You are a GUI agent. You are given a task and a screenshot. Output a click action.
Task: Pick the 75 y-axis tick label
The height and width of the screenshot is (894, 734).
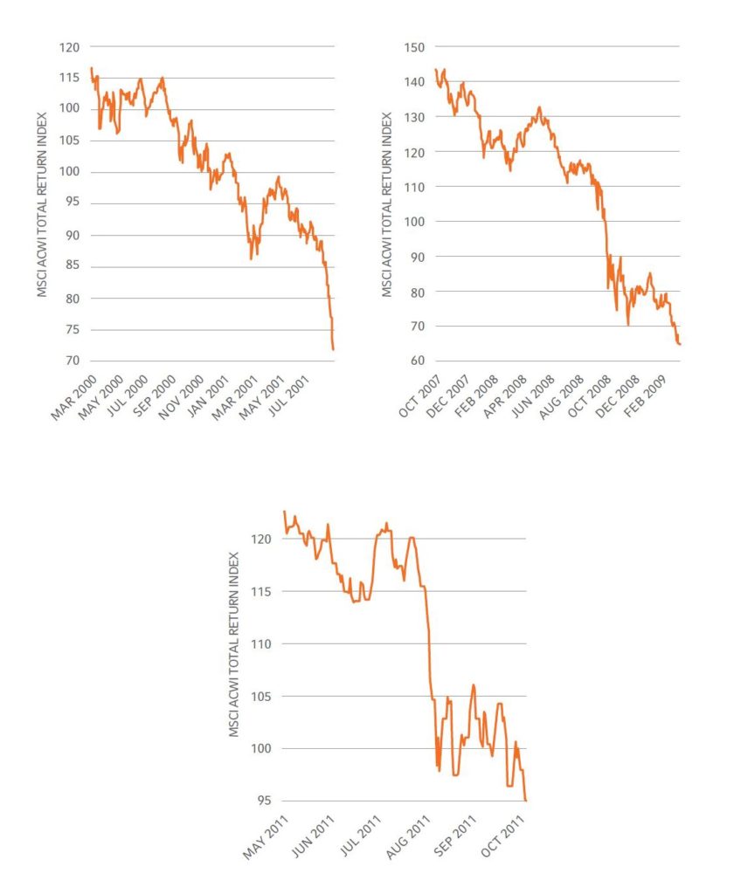(73, 330)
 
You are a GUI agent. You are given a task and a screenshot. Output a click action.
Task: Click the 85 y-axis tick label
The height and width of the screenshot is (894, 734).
(73, 267)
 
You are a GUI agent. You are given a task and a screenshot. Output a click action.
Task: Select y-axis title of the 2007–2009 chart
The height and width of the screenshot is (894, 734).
(386, 204)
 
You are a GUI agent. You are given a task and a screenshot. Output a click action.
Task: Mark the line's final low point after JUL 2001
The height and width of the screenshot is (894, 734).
(334, 349)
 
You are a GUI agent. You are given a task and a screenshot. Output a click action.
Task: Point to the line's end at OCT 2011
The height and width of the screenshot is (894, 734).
(526, 800)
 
